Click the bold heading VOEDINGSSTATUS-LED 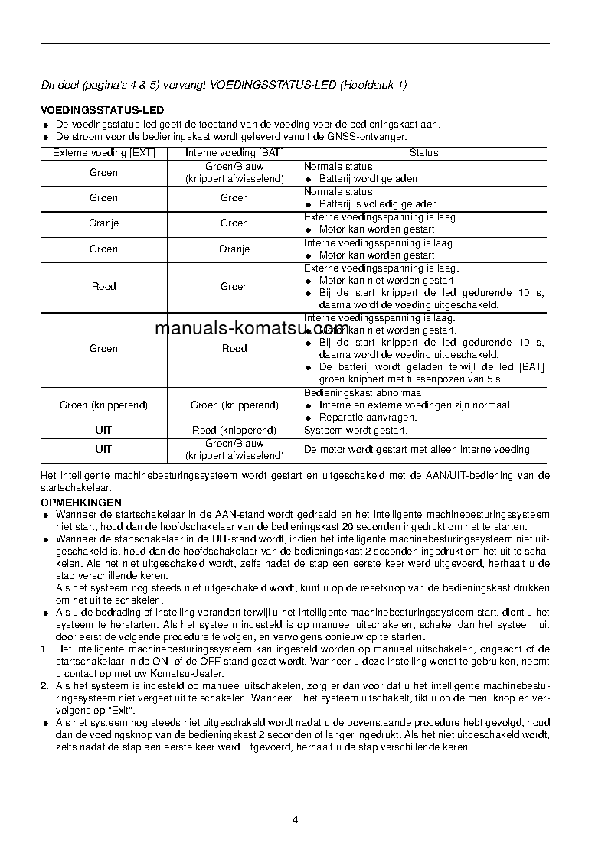102,111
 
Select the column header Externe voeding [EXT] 103,153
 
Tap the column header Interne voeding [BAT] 234,153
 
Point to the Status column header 423,153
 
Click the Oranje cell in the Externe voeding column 103,223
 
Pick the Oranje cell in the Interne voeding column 234,249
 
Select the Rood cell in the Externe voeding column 103,287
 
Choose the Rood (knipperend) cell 234,431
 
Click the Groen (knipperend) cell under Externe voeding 103,405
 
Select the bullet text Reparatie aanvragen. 368,418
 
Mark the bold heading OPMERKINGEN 80,503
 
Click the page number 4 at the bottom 295,820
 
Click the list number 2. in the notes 44,686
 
